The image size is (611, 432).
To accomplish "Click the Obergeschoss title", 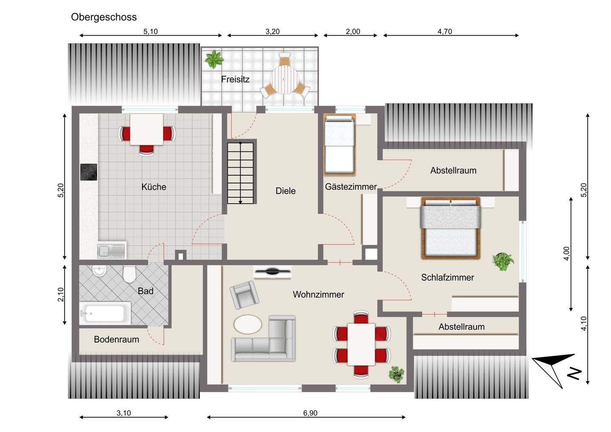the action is pos(104,17).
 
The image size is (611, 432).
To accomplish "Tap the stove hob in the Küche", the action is pos(88,172).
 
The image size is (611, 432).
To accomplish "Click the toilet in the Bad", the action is pos(129,274).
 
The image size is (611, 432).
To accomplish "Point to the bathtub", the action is pos(105,313).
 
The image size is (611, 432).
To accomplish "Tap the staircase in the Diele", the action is pos(240,173).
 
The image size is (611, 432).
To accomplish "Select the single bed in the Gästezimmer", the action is pos(339,145).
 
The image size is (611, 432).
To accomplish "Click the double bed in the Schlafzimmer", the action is pos(451,228).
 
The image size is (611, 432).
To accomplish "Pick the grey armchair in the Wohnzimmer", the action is pos(244,295).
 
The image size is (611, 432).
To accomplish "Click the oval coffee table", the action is pos(248,324).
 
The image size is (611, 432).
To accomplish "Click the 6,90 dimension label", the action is pos(310,413).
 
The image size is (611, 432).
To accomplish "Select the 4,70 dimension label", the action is pos(445,32).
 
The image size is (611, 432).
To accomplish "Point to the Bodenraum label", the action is pos(116,339).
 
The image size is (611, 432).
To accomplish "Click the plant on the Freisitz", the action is pos(214,59).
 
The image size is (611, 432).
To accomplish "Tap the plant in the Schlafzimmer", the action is pos(503,261).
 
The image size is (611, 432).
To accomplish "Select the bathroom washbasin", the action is pos(99,271).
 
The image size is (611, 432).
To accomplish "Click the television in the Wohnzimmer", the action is pos(272,272).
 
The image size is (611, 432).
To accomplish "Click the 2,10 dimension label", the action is pos(61,295).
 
